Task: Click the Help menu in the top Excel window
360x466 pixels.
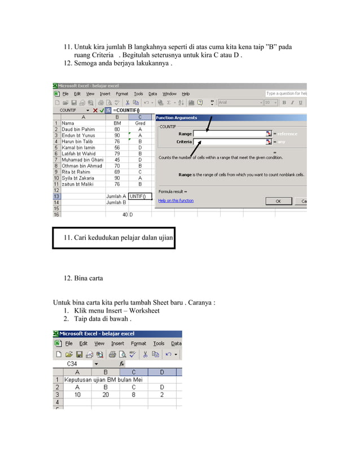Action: click(x=186, y=94)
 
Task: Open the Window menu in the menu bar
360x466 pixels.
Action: click(x=169, y=94)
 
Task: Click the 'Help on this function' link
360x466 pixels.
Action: click(x=175, y=200)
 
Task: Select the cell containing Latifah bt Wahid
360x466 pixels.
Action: click(x=80, y=153)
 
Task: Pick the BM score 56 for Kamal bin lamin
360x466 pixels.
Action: click(x=117, y=147)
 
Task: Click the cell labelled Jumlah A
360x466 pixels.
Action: click(x=116, y=196)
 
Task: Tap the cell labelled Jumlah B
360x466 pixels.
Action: click(x=116, y=202)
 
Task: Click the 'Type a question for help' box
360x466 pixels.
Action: click(x=286, y=93)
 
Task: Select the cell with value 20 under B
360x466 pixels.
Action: click(x=105, y=395)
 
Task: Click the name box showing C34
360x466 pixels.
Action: click(x=73, y=364)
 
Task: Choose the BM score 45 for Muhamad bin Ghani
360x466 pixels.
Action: click(x=117, y=160)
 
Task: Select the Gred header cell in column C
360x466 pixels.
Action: click(x=141, y=123)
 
